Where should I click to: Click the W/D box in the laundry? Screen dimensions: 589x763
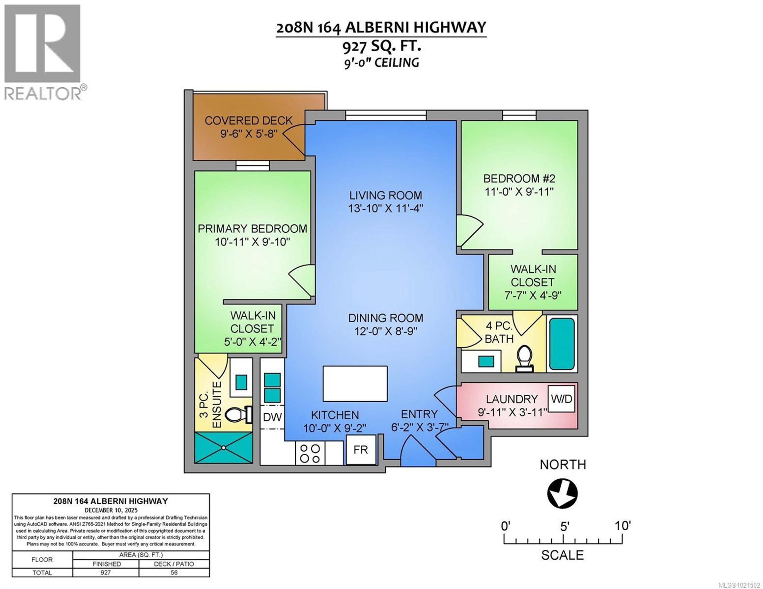point(561,398)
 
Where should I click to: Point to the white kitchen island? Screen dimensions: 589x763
point(355,383)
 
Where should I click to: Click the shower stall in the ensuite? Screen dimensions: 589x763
point(224,448)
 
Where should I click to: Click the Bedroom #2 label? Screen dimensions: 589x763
point(519,178)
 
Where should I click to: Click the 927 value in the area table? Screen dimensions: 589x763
point(106,573)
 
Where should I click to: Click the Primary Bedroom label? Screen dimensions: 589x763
point(252,229)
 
